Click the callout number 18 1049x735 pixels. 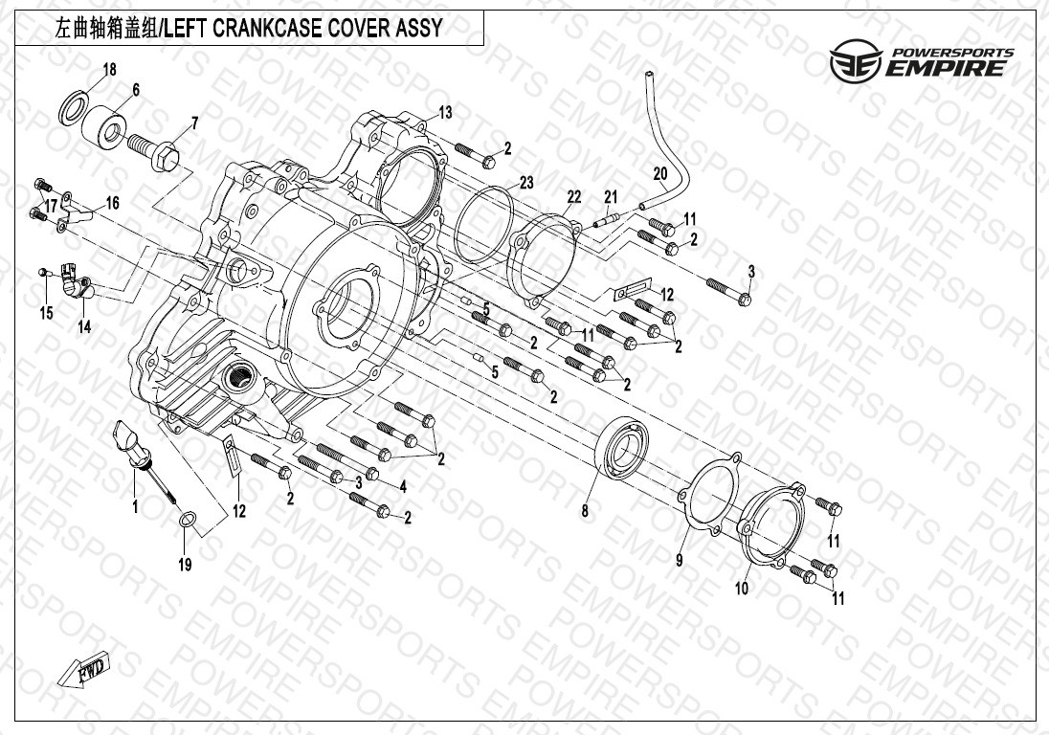coord(110,69)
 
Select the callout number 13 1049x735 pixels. coord(445,113)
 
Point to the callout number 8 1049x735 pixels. coord(585,511)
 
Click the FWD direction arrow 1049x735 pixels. coord(86,669)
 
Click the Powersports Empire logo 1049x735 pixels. coord(918,61)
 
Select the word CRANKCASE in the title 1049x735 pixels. coord(274,28)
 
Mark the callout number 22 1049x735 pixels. coord(573,196)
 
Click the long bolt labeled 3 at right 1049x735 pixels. coord(727,290)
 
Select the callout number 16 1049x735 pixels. coord(112,203)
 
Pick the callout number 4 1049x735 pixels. coord(403,487)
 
